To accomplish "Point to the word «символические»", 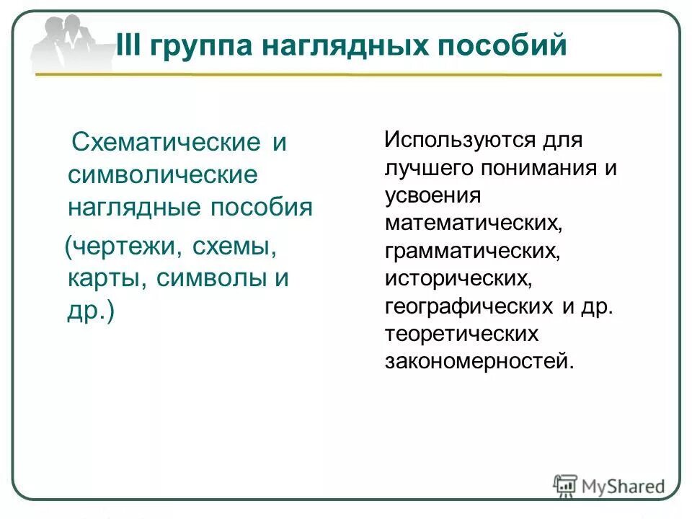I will click(x=162, y=175).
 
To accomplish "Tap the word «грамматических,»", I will click(x=473, y=250).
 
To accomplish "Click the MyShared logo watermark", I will click(x=609, y=485).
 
